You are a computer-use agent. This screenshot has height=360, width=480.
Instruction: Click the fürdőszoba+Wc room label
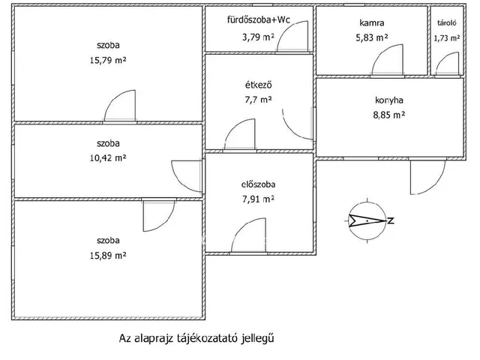(x=258, y=20)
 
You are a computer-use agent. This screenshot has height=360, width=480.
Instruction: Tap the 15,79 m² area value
(x=108, y=60)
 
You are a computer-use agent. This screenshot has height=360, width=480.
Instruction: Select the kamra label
(x=372, y=22)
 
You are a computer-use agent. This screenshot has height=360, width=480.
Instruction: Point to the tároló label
(x=447, y=22)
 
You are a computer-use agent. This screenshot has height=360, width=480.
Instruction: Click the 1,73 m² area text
(x=447, y=38)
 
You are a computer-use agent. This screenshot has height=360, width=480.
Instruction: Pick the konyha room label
(x=388, y=100)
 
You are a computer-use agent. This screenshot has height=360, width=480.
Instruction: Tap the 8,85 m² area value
(x=388, y=115)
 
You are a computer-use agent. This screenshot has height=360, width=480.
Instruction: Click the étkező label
(x=258, y=85)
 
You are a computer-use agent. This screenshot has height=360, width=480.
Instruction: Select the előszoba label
(x=258, y=184)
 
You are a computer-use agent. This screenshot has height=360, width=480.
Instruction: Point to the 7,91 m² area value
(x=258, y=199)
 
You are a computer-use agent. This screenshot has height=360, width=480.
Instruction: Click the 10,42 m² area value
(x=108, y=158)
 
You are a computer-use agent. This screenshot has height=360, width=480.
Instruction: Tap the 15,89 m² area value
(x=108, y=255)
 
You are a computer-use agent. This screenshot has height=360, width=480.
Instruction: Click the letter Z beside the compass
(x=391, y=220)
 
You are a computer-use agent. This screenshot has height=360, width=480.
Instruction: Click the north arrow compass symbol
(x=367, y=220)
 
